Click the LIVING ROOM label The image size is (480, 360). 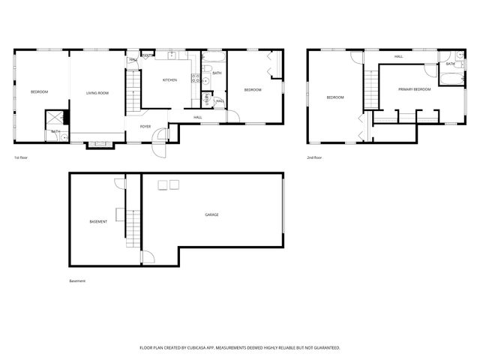[97, 92]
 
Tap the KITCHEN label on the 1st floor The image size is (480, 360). [170, 80]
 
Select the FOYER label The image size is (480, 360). [145, 126]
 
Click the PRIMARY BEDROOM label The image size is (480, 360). [415, 89]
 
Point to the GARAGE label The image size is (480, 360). [212, 214]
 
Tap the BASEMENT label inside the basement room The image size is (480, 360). [98, 221]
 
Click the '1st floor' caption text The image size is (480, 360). [22, 157]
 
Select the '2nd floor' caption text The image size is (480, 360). [314, 157]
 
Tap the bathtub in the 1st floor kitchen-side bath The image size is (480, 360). [215, 57]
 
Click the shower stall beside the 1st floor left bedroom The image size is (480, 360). [55, 118]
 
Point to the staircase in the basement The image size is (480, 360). [133, 228]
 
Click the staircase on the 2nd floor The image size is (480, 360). [371, 88]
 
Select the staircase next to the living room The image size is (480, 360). [133, 90]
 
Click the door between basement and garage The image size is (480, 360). [147, 256]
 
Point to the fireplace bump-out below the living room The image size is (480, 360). [98, 144]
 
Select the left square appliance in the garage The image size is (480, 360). [161, 184]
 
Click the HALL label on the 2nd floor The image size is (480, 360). [399, 56]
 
